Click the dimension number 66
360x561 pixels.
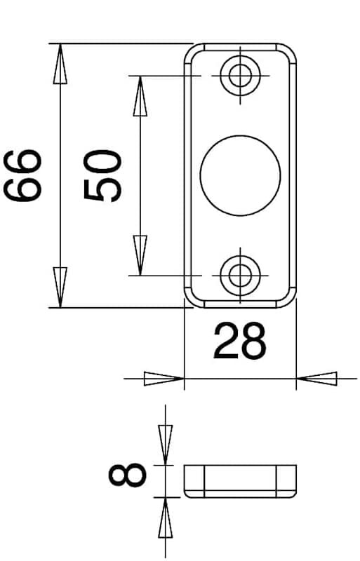(22, 176)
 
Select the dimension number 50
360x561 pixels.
(102, 176)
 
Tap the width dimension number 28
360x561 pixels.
(240, 341)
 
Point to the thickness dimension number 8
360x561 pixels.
(128, 475)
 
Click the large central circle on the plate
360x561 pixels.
(240, 176)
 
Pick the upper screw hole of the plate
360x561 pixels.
(240, 76)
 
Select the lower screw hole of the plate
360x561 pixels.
(240, 276)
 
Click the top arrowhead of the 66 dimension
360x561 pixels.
(60, 64)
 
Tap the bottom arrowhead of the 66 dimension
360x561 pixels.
(60, 288)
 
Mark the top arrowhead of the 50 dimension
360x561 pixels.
(140, 96)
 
